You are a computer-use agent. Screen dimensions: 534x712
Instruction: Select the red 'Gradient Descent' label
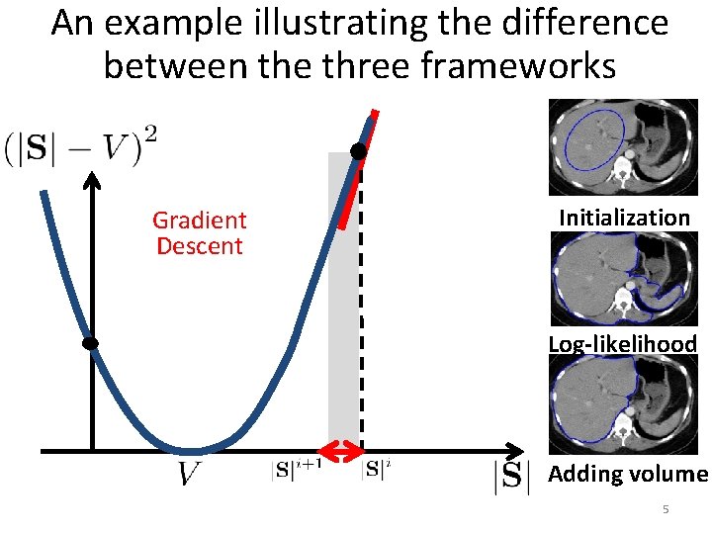point(199,232)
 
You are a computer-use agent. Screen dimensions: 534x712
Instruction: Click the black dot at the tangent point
point(358,151)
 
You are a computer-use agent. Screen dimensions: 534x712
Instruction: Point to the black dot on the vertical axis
point(90,343)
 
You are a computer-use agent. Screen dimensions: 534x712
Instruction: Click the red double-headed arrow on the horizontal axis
point(344,453)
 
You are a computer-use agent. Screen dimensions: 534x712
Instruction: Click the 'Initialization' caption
point(624,218)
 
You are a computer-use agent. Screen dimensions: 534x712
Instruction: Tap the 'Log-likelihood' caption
point(623,344)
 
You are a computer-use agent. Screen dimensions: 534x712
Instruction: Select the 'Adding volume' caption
point(628,474)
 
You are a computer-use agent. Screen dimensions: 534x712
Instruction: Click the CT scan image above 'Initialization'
point(623,147)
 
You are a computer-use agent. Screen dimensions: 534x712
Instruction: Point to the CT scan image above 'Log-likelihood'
point(623,279)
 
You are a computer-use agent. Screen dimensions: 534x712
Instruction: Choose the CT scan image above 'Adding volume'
point(623,404)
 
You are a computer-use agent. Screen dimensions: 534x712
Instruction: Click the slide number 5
point(666,509)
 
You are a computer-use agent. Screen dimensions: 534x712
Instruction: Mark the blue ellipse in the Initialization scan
point(593,138)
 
